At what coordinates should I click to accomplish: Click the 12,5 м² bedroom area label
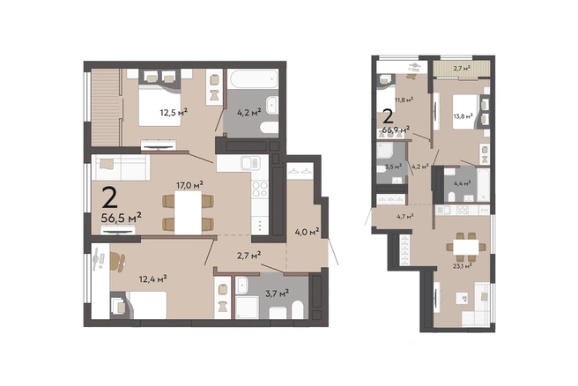[x=174, y=112]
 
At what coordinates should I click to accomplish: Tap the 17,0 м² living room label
[x=189, y=185]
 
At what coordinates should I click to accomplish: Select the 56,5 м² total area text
[x=122, y=218]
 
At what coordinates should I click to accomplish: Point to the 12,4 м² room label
[x=152, y=278]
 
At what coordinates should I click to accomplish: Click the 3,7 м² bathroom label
[x=277, y=293]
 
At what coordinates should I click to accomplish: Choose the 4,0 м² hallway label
[x=307, y=232]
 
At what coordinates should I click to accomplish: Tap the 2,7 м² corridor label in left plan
[x=248, y=255]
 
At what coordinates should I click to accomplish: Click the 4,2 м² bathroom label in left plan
[x=248, y=112]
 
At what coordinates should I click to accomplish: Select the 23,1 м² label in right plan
[x=463, y=265]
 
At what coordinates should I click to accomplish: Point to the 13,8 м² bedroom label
[x=463, y=116]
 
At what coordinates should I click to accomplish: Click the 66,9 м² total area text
[x=396, y=130]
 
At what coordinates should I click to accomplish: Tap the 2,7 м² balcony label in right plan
[x=462, y=68]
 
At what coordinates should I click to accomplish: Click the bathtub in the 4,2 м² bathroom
[x=253, y=78]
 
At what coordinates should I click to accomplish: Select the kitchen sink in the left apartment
[x=250, y=163]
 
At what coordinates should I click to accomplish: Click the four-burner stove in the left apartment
[x=260, y=189]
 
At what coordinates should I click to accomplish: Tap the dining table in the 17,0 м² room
[x=188, y=212]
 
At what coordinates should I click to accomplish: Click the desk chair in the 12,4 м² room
[x=117, y=261]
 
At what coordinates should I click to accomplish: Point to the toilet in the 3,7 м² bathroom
[x=298, y=309]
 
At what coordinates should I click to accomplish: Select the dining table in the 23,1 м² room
[x=466, y=247]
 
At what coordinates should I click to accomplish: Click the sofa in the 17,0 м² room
[x=121, y=167]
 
